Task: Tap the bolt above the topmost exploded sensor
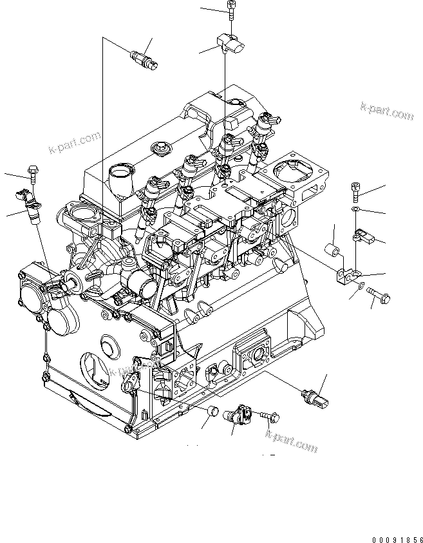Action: (x=230, y=8)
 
